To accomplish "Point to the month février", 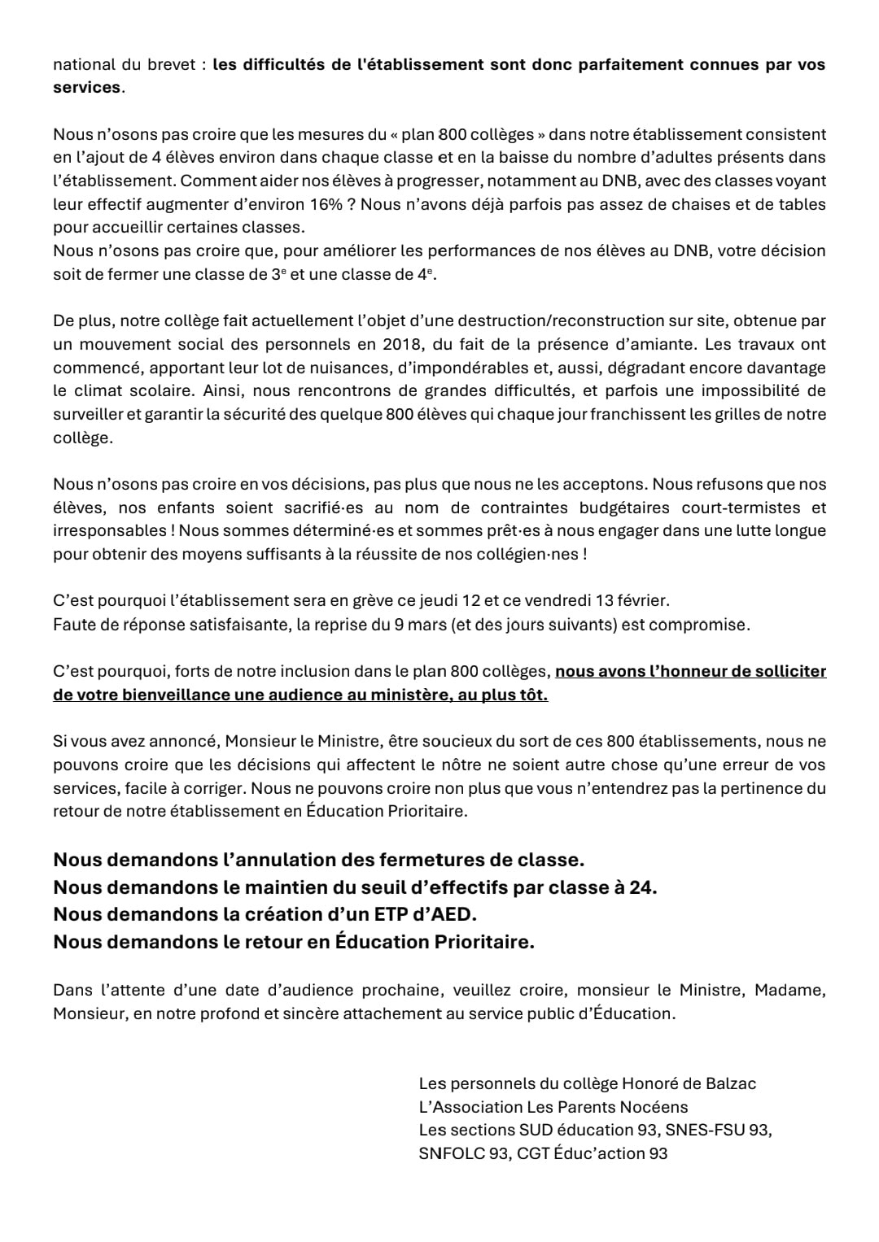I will click(x=639, y=601).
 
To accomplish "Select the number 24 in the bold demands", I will click(x=641, y=887).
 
